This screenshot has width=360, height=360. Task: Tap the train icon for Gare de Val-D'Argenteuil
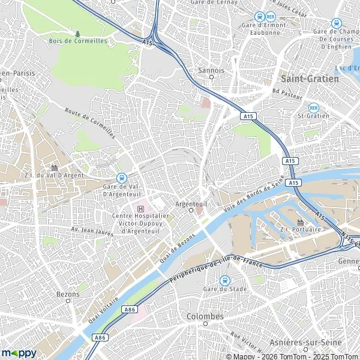click(x=122, y=178)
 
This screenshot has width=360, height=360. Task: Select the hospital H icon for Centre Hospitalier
click(x=141, y=208)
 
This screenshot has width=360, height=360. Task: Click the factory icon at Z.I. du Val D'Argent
click(x=55, y=167)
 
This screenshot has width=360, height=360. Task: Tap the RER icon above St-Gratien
click(x=314, y=107)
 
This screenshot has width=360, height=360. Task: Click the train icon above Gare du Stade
click(x=224, y=280)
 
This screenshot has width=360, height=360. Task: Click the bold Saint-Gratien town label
click(x=305, y=79)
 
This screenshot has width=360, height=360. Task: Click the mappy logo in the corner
click(x=19, y=353)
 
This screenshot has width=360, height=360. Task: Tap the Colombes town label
click(x=205, y=316)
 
